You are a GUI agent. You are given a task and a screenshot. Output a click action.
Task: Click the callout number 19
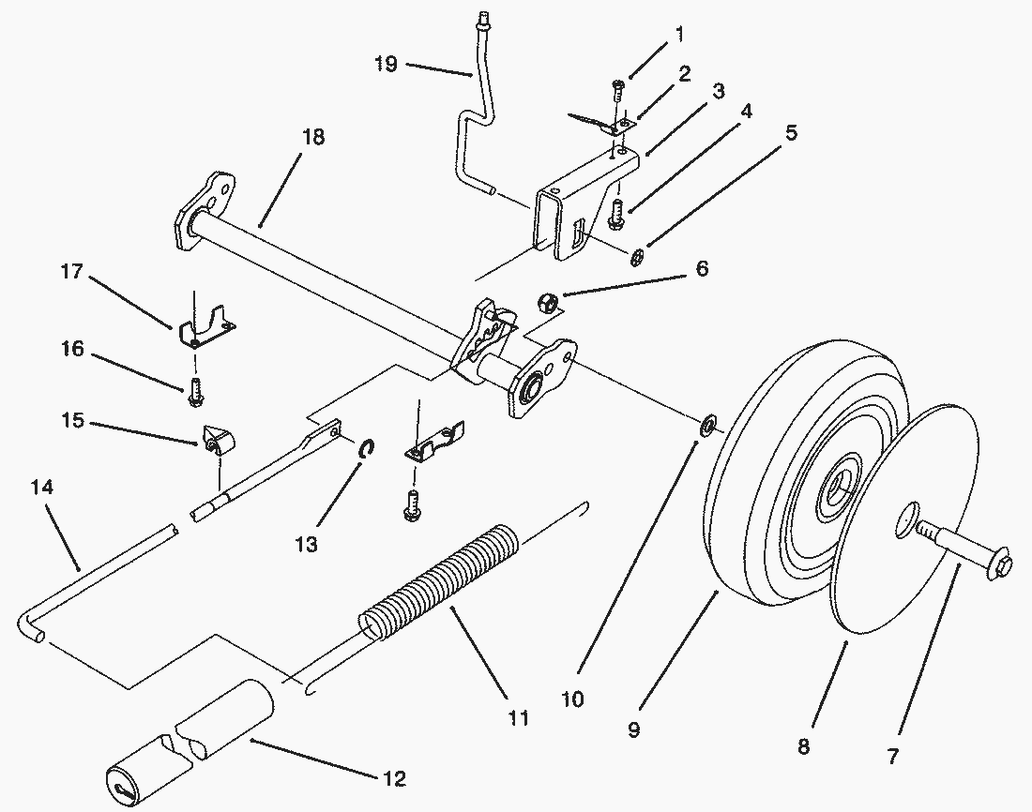387,64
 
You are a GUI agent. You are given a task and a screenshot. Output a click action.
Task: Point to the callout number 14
42,488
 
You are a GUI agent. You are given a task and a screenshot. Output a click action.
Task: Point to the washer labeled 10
706,426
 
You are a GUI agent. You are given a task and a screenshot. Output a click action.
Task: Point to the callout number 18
312,137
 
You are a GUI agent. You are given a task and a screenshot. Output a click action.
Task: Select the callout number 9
633,729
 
